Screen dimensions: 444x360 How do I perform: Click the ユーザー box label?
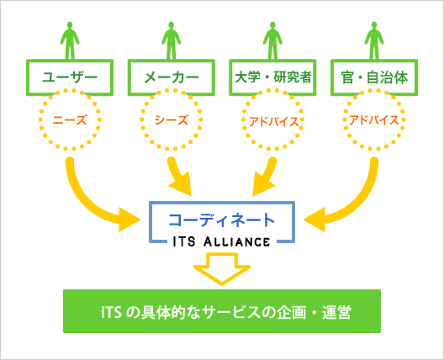click(x=70, y=77)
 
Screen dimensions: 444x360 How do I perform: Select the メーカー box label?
click(x=172, y=77)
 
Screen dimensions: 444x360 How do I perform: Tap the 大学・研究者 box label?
click(x=273, y=77)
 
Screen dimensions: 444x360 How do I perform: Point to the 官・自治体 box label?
click(x=374, y=77)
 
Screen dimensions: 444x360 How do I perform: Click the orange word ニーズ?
click(x=70, y=120)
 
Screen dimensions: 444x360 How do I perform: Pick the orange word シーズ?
click(x=172, y=120)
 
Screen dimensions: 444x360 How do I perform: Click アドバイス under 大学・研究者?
click(x=274, y=122)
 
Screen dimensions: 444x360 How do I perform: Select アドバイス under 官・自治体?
click(x=374, y=120)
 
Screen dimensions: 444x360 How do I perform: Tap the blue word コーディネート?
click(x=222, y=220)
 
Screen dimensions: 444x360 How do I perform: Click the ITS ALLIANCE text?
click(x=221, y=241)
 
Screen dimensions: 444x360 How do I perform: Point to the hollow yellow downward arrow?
click(x=222, y=268)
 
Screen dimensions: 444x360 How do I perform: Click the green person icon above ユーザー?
click(x=70, y=40)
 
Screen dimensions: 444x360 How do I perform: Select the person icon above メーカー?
click(x=171, y=40)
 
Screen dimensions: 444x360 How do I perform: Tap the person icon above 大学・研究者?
click(x=272, y=40)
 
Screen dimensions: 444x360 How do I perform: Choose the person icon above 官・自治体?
click(x=374, y=40)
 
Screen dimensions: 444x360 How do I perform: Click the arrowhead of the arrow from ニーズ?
click(x=129, y=220)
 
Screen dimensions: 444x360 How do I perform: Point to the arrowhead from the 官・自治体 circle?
click(x=315, y=220)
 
